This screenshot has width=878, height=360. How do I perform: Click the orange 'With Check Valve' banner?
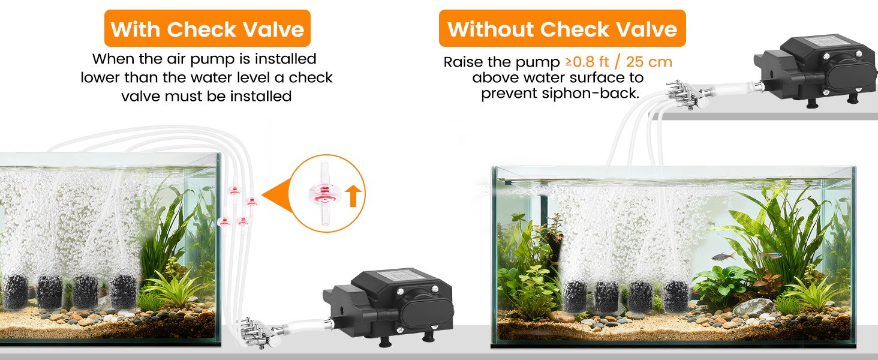207,29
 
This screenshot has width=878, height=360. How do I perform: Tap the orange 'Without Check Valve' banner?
562,29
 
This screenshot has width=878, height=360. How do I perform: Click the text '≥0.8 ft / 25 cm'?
618,62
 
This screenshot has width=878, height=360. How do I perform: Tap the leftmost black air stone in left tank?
16,291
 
